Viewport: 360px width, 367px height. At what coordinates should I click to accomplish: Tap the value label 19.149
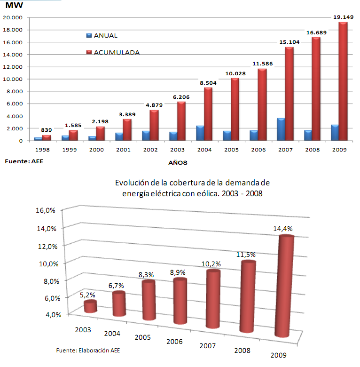[343, 17]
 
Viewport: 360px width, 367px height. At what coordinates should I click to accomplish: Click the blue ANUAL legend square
[89, 36]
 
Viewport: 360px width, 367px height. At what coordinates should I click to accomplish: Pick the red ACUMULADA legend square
[89, 52]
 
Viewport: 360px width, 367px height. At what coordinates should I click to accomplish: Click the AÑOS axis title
[179, 163]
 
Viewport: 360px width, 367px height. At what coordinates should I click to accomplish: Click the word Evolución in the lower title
[131, 183]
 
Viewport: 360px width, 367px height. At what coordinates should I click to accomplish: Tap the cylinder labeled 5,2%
[91, 307]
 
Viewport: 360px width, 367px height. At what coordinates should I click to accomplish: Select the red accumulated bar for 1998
[47, 137]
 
